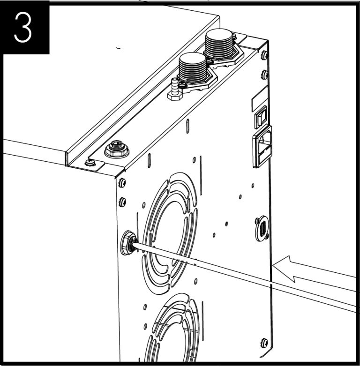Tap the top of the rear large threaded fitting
[x=219, y=36]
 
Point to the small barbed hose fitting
[x=174, y=88]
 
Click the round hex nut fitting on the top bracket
[x=114, y=150]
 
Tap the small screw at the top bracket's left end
[x=90, y=163]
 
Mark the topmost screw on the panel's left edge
[x=122, y=182]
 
